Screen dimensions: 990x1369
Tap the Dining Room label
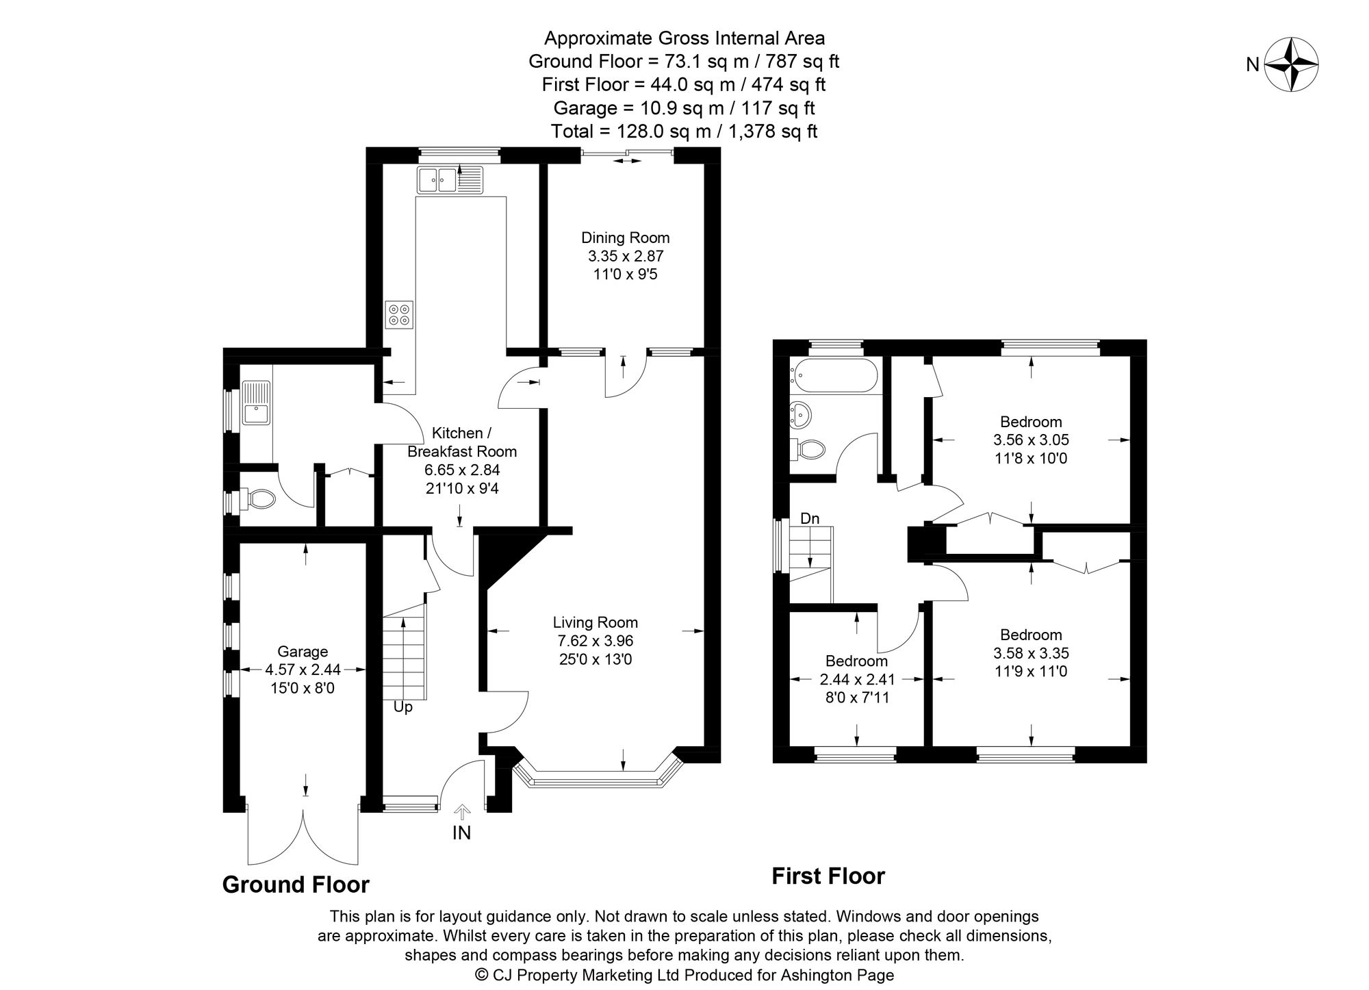click(625, 238)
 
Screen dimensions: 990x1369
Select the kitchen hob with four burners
click(399, 314)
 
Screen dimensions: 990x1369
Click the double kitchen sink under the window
click(436, 181)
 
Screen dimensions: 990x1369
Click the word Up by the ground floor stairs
click(402, 707)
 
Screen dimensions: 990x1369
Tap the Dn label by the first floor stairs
click(809, 518)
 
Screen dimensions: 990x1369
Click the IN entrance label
click(462, 833)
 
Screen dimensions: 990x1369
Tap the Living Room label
click(595, 622)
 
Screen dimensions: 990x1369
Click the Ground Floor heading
click(296, 885)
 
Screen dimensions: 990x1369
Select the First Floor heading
click(828, 876)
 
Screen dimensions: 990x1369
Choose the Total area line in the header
click(684, 131)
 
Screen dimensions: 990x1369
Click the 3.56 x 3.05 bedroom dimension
click(1031, 440)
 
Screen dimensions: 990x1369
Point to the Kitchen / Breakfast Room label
click(461, 442)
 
